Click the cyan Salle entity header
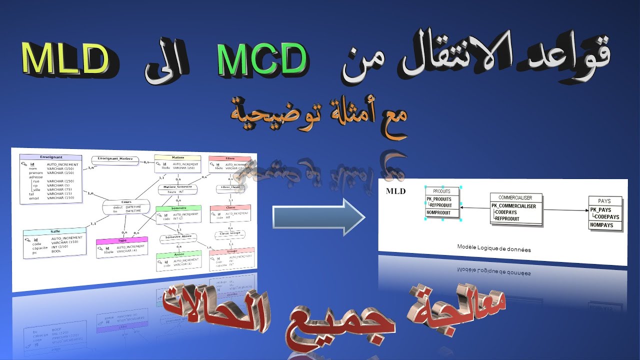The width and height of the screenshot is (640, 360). [55, 231]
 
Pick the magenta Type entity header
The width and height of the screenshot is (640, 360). [122, 240]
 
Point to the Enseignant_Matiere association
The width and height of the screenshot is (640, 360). [115, 159]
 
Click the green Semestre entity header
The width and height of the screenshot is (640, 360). [178, 208]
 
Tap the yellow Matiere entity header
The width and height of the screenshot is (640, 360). [177, 157]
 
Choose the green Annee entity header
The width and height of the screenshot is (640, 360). [178, 254]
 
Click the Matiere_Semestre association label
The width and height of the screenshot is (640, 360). [177, 186]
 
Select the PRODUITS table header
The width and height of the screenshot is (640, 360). [441, 191]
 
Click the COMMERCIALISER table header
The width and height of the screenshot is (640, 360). [515, 197]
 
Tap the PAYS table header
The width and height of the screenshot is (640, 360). [604, 201]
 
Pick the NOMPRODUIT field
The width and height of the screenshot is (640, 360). [438, 213]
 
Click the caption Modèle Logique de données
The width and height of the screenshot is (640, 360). [493, 249]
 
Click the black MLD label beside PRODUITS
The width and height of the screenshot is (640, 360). [396, 191]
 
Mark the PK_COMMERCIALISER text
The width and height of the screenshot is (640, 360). [513, 206]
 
